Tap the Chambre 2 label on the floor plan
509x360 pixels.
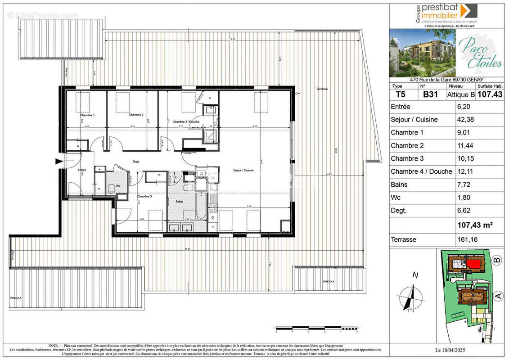pos(136,115)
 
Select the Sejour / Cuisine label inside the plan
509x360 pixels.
pos(243,171)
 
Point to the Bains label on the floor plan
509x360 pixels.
pos(180,202)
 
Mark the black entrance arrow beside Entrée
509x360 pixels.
pos(59,161)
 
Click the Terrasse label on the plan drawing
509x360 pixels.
pos(321,89)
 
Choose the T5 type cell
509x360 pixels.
pos(400,94)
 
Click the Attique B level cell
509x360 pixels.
pos(460,94)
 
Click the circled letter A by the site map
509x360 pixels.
pos(498,296)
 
